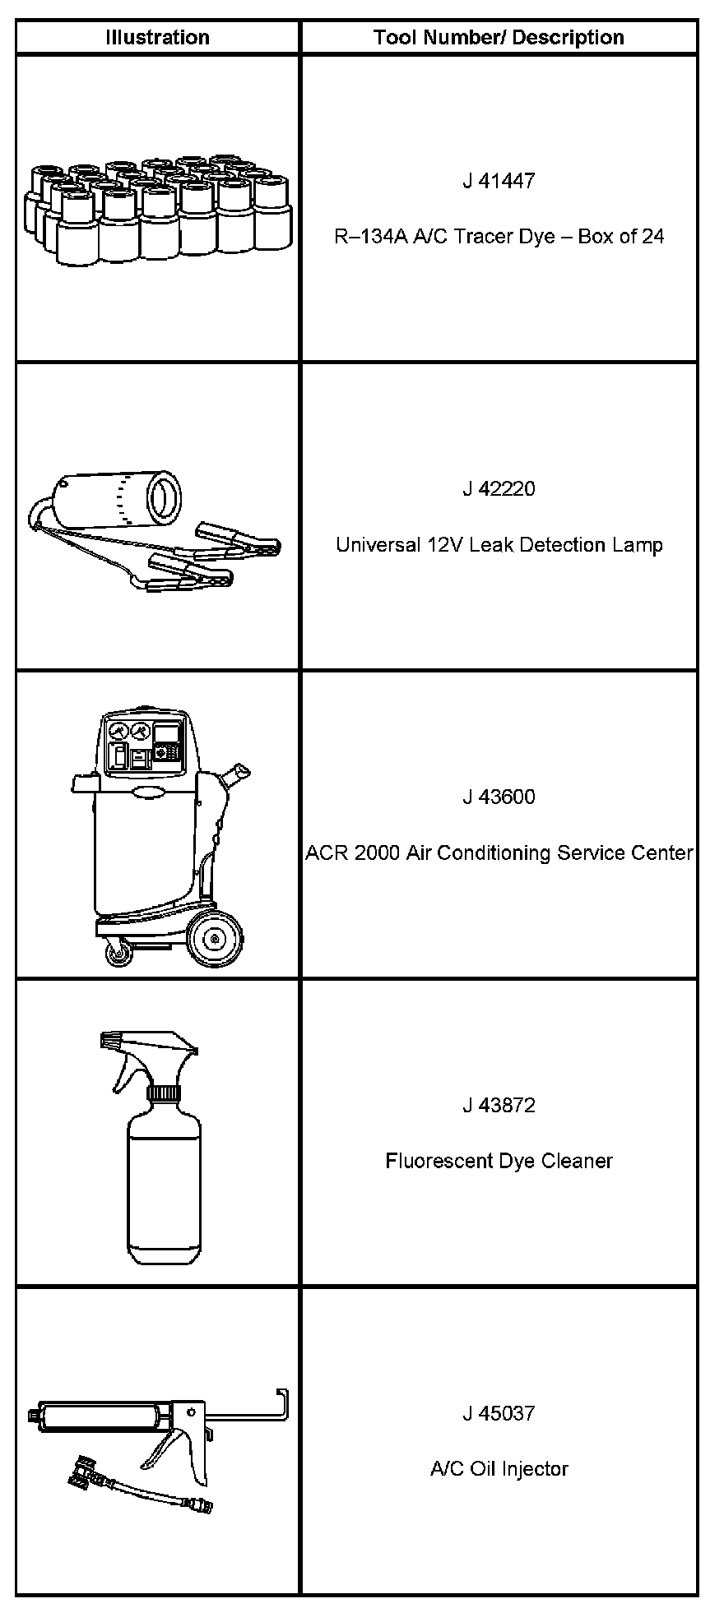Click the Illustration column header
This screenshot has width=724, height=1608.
(x=157, y=38)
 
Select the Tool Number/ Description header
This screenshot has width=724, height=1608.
(x=499, y=38)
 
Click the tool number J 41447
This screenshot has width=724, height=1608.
(x=499, y=181)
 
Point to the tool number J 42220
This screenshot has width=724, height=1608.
(x=499, y=489)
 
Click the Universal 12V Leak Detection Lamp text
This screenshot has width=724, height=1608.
(x=499, y=545)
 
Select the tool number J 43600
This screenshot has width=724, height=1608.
(x=499, y=797)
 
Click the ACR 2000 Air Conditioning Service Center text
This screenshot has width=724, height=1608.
(x=499, y=853)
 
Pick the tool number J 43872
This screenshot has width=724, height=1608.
(x=499, y=1106)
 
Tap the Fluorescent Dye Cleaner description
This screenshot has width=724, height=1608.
(x=499, y=1162)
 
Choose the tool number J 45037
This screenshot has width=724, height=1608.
(x=499, y=1414)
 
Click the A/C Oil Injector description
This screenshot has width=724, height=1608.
(x=499, y=1470)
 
